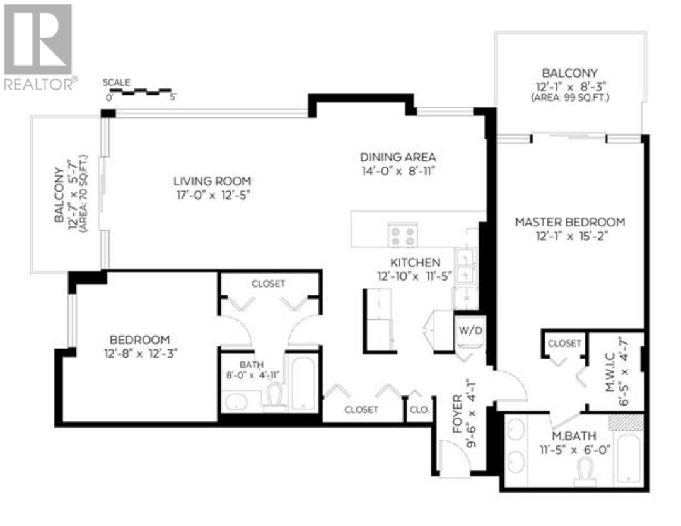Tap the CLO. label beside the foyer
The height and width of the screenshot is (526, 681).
click(x=419, y=409)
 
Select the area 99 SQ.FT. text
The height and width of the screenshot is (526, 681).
click(x=570, y=98)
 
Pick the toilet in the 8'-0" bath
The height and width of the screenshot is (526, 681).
click(x=274, y=397)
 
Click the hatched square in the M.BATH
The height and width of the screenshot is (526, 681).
click(x=626, y=422)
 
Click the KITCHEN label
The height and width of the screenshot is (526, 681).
click(x=414, y=262)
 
